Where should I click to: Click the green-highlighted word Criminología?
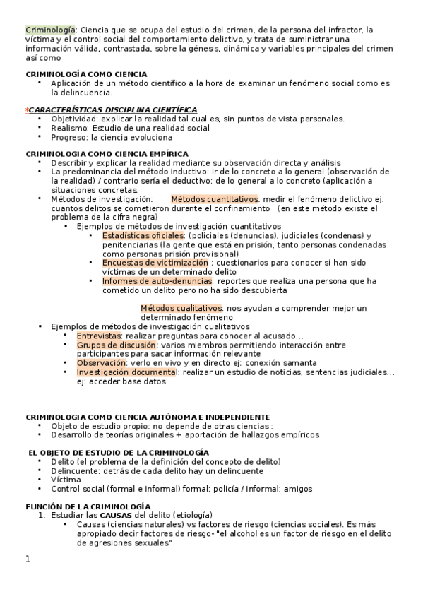pyautogui.click(x=51, y=30)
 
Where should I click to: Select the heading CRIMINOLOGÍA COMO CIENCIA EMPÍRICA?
pyautogui.click(x=107, y=153)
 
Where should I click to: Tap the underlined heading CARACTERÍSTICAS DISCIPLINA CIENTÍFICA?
pyautogui.click(x=112, y=109)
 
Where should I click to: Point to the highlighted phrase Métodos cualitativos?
pyautogui.click(x=181, y=309)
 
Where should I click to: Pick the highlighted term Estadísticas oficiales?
pyautogui.click(x=142, y=235)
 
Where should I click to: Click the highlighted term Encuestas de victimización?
pyautogui.click(x=155, y=263)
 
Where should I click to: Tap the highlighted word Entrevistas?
pyautogui.click(x=99, y=336)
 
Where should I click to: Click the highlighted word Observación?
pyautogui.click(x=101, y=363)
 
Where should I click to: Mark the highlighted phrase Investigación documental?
pyautogui.click(x=127, y=372)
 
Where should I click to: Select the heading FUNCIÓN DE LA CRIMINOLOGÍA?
pyautogui.click(x=88, y=507)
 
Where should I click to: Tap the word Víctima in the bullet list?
pyautogui.click(x=66, y=480)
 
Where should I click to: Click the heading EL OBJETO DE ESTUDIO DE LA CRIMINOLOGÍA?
pyautogui.click(x=118, y=452)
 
